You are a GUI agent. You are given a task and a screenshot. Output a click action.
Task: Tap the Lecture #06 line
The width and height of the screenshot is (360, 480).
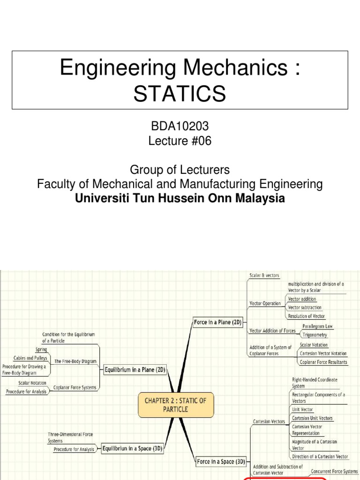[180, 141]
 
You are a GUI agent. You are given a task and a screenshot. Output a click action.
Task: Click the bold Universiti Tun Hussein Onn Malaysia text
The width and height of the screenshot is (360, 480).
[180, 198]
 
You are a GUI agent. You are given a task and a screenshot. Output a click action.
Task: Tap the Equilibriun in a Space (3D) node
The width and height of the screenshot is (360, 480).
[132, 448]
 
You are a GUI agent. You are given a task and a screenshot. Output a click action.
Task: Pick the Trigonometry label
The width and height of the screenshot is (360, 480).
[315, 335]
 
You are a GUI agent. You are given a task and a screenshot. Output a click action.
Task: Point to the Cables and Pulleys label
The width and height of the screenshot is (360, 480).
[31, 358]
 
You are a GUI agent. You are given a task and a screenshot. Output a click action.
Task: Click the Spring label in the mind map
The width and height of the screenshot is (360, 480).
[41, 350]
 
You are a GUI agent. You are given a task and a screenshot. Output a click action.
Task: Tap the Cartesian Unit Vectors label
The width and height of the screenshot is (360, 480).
[312, 418]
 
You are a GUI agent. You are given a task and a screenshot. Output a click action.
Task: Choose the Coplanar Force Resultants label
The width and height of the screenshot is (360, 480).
[324, 362]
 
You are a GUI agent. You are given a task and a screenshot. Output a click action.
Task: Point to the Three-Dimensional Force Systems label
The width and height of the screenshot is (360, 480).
[70, 437]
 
